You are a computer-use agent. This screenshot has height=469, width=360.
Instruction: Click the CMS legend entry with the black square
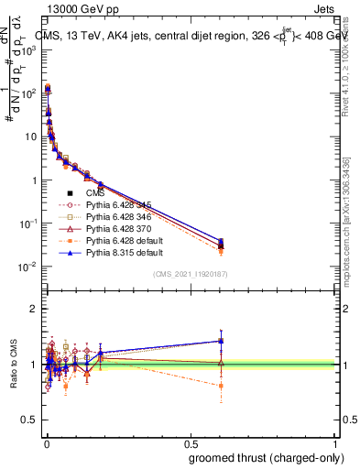tap(95, 194)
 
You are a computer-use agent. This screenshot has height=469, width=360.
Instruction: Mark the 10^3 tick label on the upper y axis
tap(26, 49)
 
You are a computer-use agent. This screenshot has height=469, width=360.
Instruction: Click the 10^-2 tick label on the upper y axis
tap(26, 267)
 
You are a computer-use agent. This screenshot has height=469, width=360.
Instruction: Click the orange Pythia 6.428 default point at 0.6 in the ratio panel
tap(221, 386)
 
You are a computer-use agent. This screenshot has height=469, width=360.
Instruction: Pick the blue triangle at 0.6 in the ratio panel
tap(221, 341)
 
